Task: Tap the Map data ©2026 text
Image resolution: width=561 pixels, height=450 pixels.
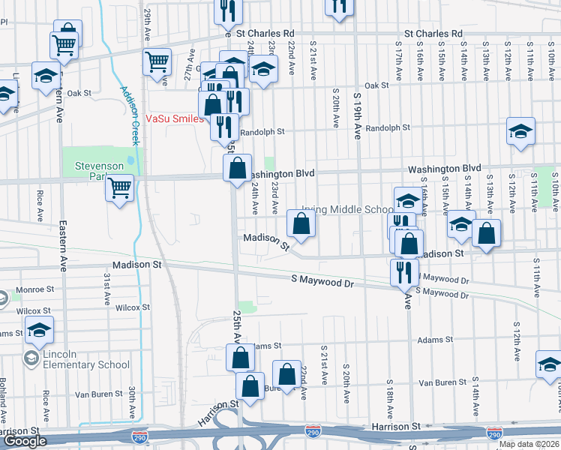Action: pos(529,444)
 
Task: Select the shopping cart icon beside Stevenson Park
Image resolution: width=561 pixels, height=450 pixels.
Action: pos(119,187)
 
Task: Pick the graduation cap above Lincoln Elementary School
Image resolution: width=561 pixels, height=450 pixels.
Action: pos(39,328)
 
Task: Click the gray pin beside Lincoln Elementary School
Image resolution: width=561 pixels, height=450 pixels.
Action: pos(31,359)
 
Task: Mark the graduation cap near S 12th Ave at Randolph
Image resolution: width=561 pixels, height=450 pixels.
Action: pos(520,131)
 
